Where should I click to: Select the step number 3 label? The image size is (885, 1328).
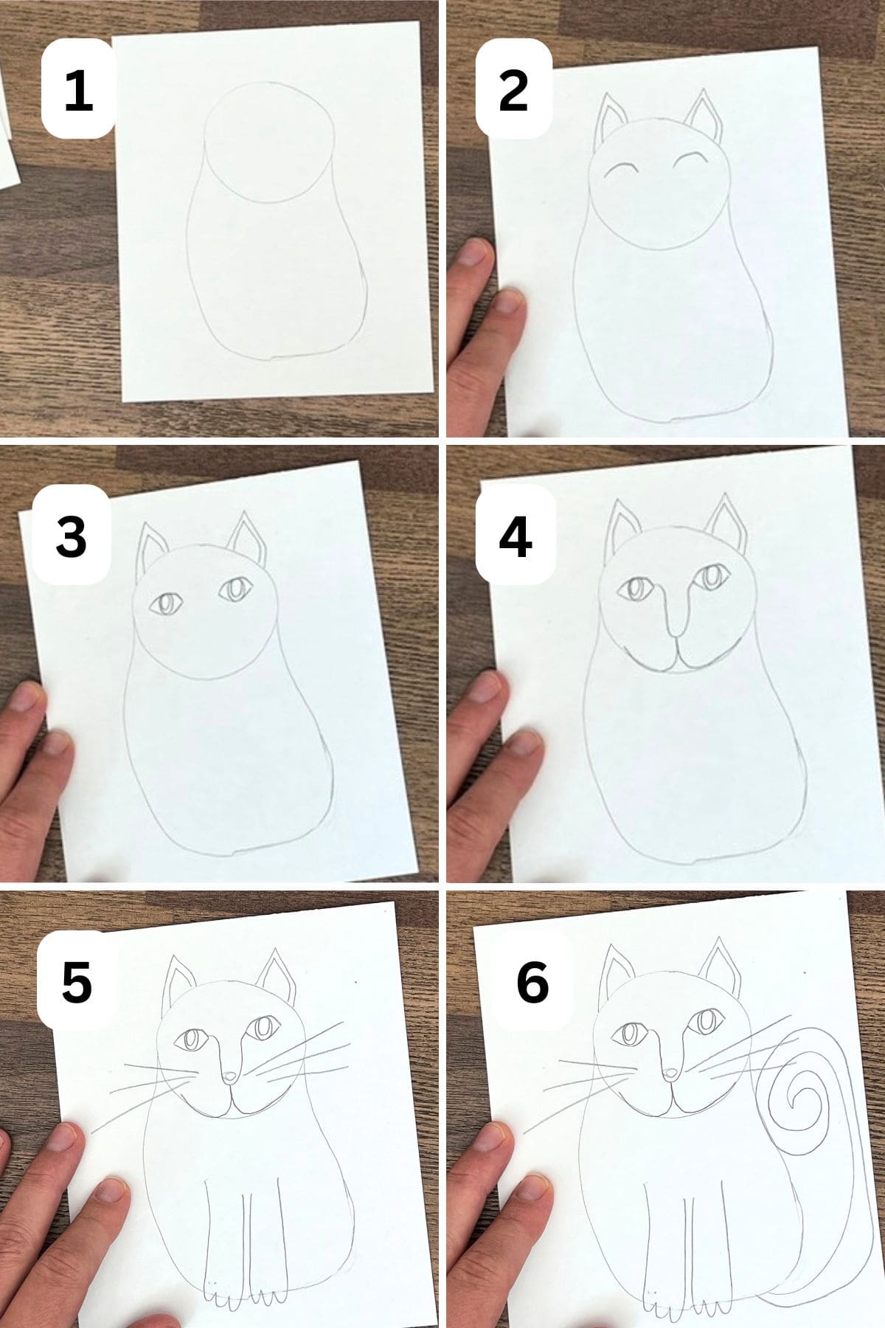[72, 537]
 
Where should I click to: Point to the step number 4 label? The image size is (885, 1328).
[515, 537]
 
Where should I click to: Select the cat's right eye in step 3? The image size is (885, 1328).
[235, 590]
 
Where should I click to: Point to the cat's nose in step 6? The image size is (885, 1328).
[670, 1095]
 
